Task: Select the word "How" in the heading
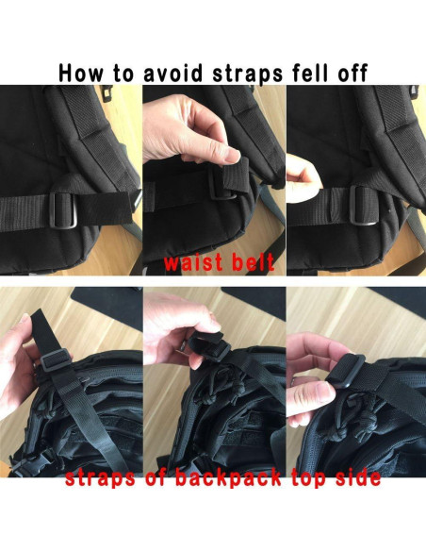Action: coord(83,71)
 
